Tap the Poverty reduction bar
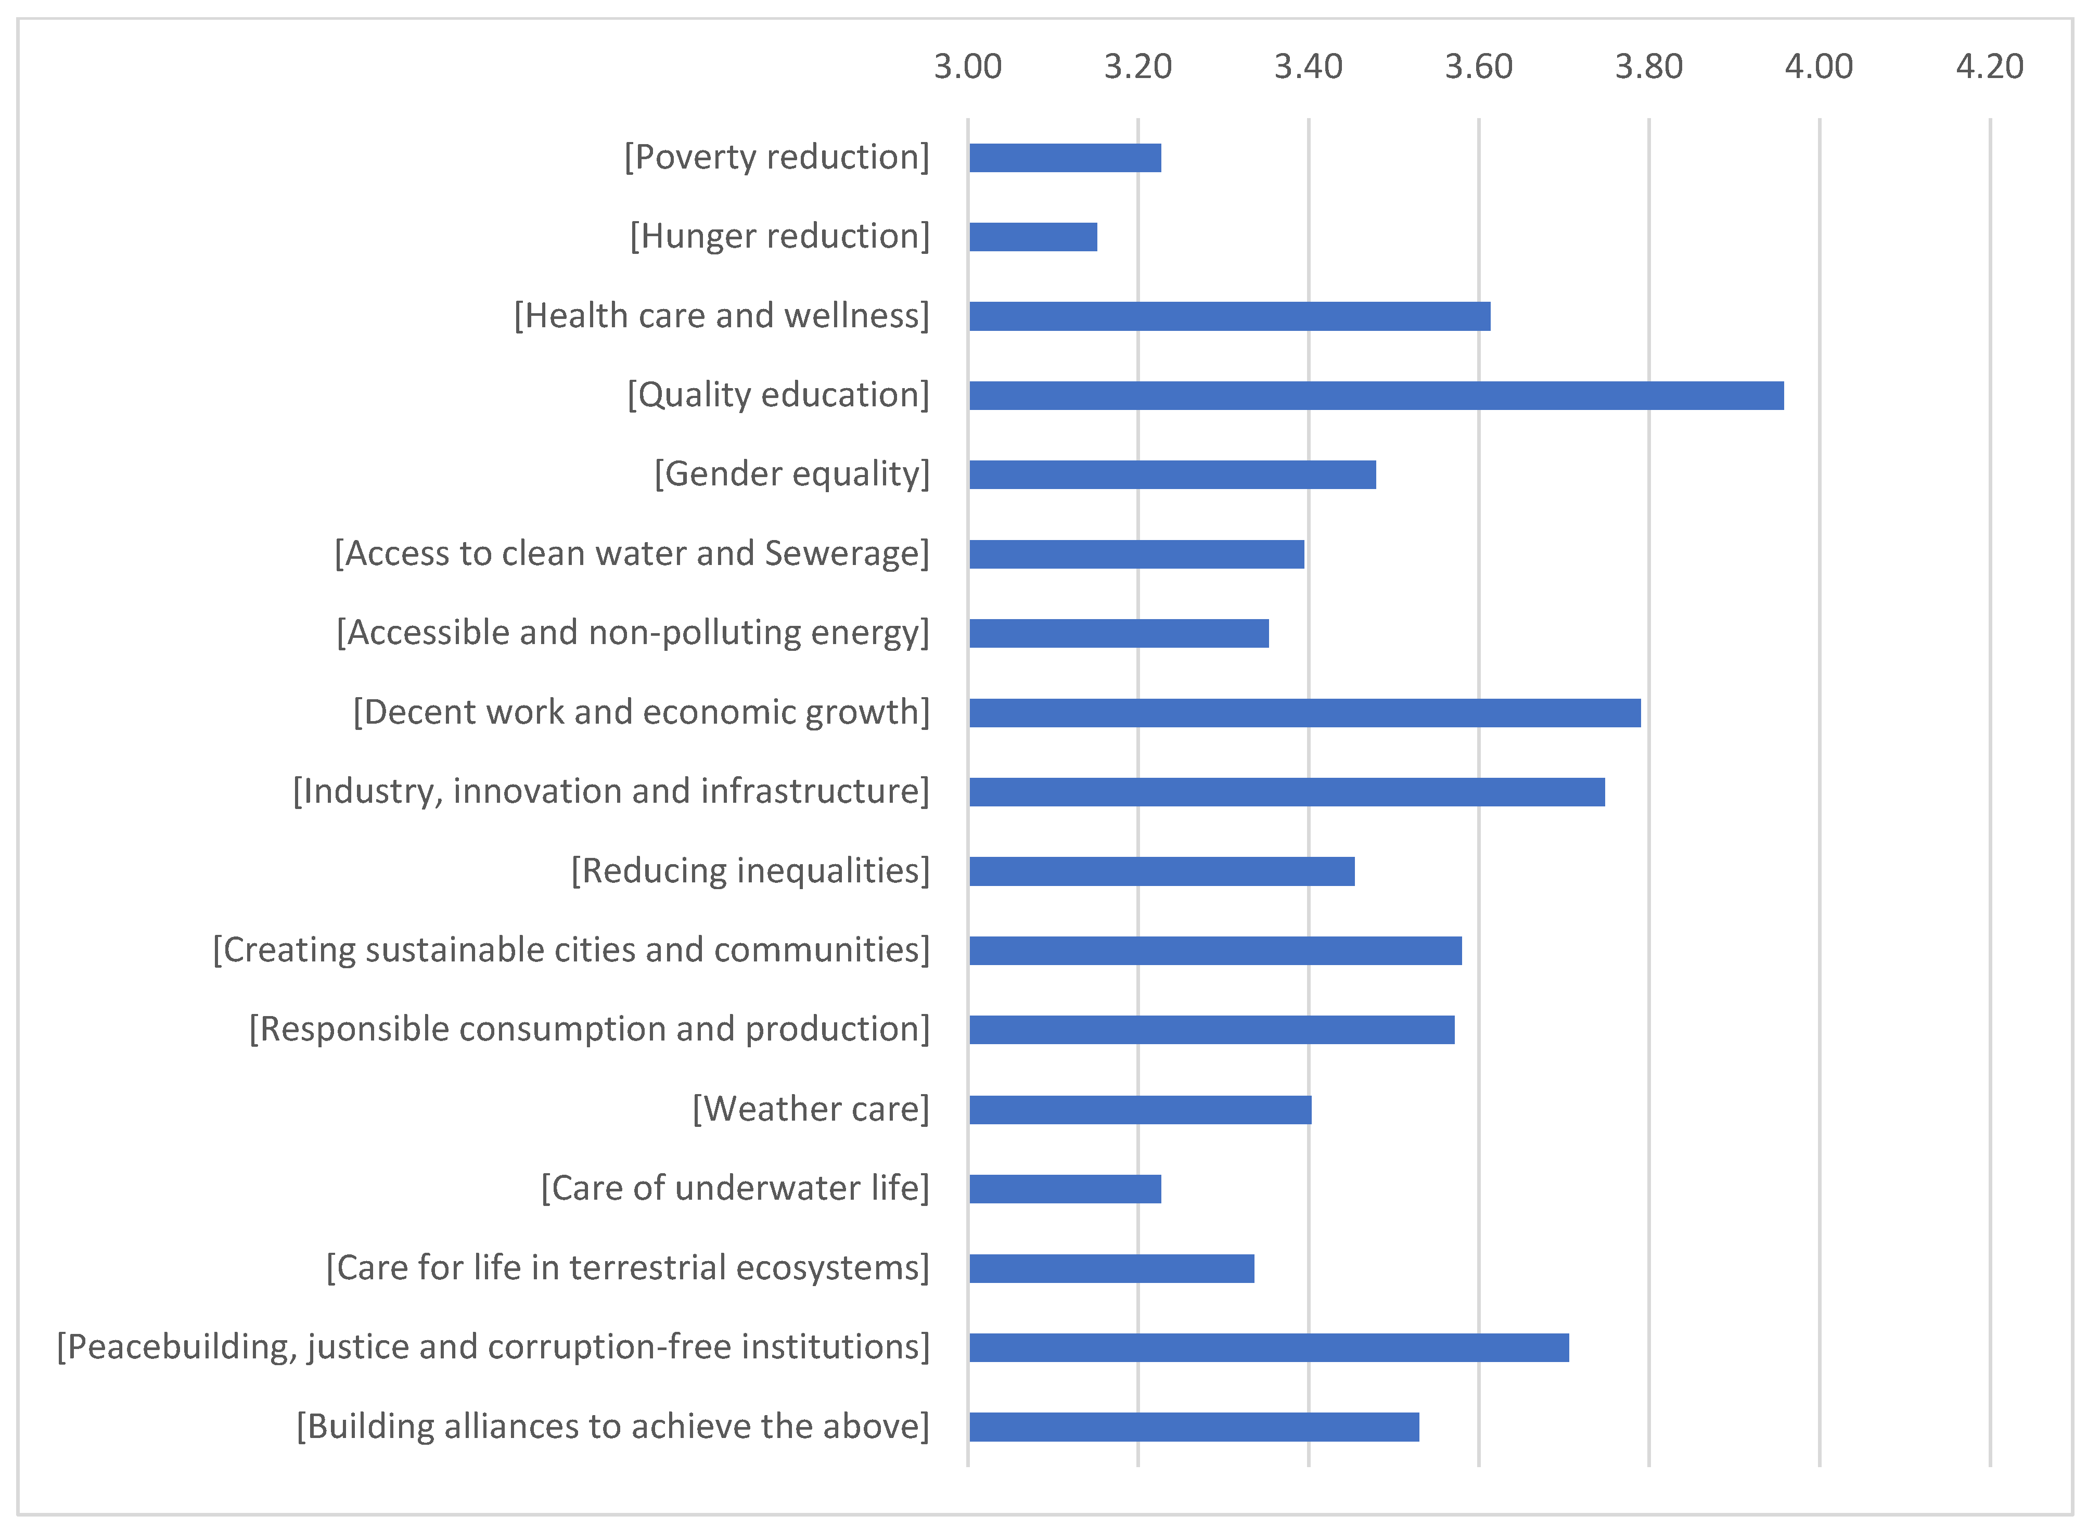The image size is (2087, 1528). [x=1064, y=158]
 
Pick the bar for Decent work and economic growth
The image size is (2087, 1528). [x=1304, y=712]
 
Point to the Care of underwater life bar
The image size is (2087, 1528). [x=1064, y=1189]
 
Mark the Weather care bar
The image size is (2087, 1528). [x=1139, y=1109]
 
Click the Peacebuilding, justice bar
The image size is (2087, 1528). [x=1269, y=1347]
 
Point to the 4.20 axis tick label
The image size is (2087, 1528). [x=1989, y=67]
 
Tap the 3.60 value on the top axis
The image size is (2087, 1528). [x=1478, y=67]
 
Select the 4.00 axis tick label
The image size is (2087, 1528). [x=1819, y=67]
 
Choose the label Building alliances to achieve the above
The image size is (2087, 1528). [x=612, y=1426]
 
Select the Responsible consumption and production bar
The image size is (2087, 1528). [x=1211, y=1030]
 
